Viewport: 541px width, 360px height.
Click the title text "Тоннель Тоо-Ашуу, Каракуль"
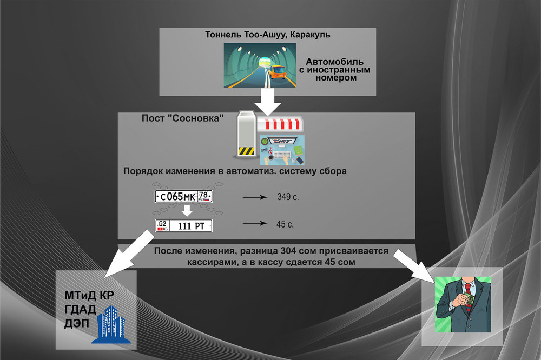click(268, 35)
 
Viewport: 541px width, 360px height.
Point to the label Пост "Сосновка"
click(182, 118)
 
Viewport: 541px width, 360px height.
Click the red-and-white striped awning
click(280, 125)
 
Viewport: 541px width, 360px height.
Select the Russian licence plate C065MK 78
click(183, 196)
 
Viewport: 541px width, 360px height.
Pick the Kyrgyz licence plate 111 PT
click(183, 226)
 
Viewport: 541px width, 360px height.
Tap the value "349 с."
click(287, 197)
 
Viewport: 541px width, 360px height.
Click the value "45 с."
click(286, 223)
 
